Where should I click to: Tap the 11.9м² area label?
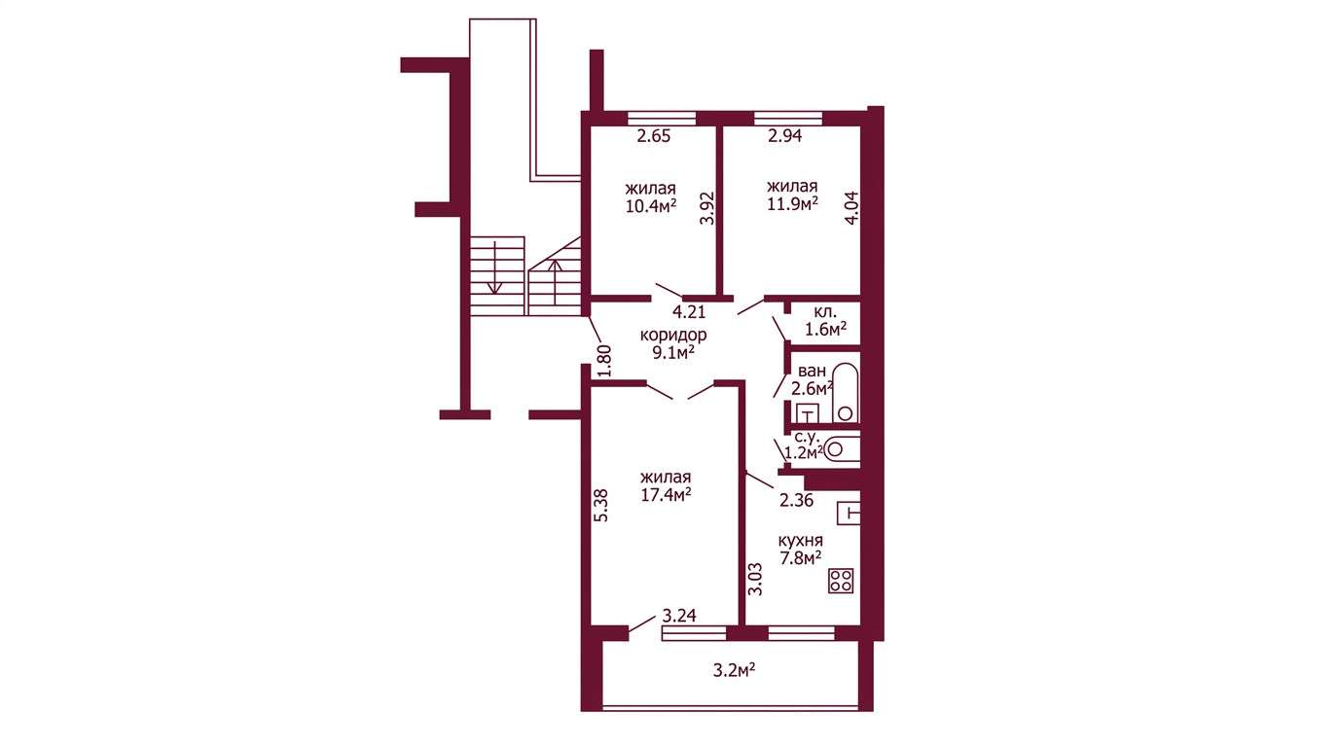pyautogui.click(x=793, y=204)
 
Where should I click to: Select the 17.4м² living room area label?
pyautogui.click(x=667, y=495)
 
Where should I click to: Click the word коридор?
pyautogui.click(x=673, y=335)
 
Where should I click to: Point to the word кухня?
pyautogui.click(x=801, y=540)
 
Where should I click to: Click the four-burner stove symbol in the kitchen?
pyautogui.click(x=841, y=581)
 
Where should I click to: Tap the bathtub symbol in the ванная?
pyautogui.click(x=846, y=393)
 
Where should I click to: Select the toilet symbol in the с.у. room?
pyautogui.click(x=843, y=449)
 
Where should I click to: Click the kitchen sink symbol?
pyautogui.click(x=849, y=513)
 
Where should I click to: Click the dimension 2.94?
pyautogui.click(x=785, y=135)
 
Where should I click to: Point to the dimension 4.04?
pyautogui.click(x=851, y=207)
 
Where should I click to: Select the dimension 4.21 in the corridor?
pyautogui.click(x=689, y=311)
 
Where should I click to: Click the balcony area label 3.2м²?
pyautogui.click(x=734, y=670)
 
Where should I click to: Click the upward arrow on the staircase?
pyautogui.click(x=556, y=282)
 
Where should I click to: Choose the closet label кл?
pyautogui.click(x=825, y=312)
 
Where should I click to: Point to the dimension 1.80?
pyautogui.click(x=604, y=361)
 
